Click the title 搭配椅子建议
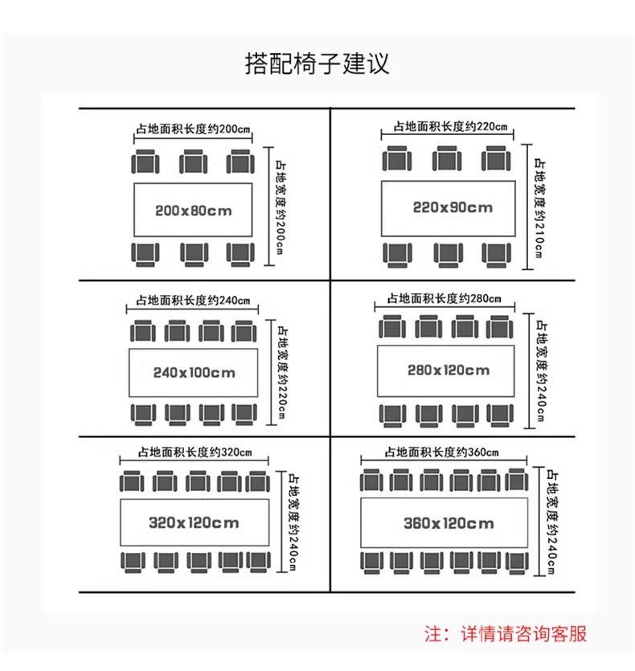(317, 63)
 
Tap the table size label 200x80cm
(193, 211)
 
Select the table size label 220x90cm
(453, 207)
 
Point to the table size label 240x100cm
(194, 372)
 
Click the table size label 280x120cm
(449, 370)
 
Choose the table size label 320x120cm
(194, 523)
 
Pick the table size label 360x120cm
(449, 524)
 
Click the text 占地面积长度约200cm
(193, 129)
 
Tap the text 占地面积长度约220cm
(449, 126)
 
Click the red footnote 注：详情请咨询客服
(506, 633)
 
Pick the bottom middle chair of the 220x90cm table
(449, 253)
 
